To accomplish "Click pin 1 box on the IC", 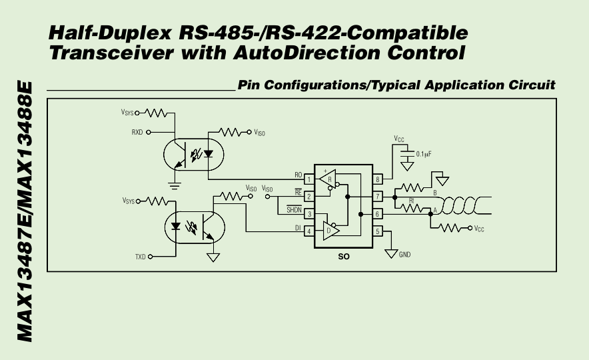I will pyautogui.click(x=309, y=179).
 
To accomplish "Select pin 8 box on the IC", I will pyautogui.click(x=378, y=179).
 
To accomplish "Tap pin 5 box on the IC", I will pyautogui.click(x=378, y=231).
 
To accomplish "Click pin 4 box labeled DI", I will pyautogui.click(x=309, y=231).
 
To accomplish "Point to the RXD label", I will pyautogui.click(x=138, y=133).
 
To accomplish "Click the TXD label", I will pyautogui.click(x=140, y=257).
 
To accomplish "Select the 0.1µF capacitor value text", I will pyautogui.click(x=424, y=154).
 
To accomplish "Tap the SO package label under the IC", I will pyautogui.click(x=344, y=255).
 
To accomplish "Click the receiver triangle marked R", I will pyautogui.click(x=328, y=180).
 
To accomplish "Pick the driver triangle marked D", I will pyautogui.click(x=330, y=231).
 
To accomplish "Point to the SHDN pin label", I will pyautogui.click(x=294, y=210).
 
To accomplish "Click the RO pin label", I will pyautogui.click(x=298, y=175).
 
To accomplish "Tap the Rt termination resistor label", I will pyautogui.click(x=412, y=200).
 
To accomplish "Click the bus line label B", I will pyautogui.click(x=435, y=193).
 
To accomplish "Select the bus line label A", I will pyautogui.click(x=435, y=211).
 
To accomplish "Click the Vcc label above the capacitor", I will pyautogui.click(x=399, y=139).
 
